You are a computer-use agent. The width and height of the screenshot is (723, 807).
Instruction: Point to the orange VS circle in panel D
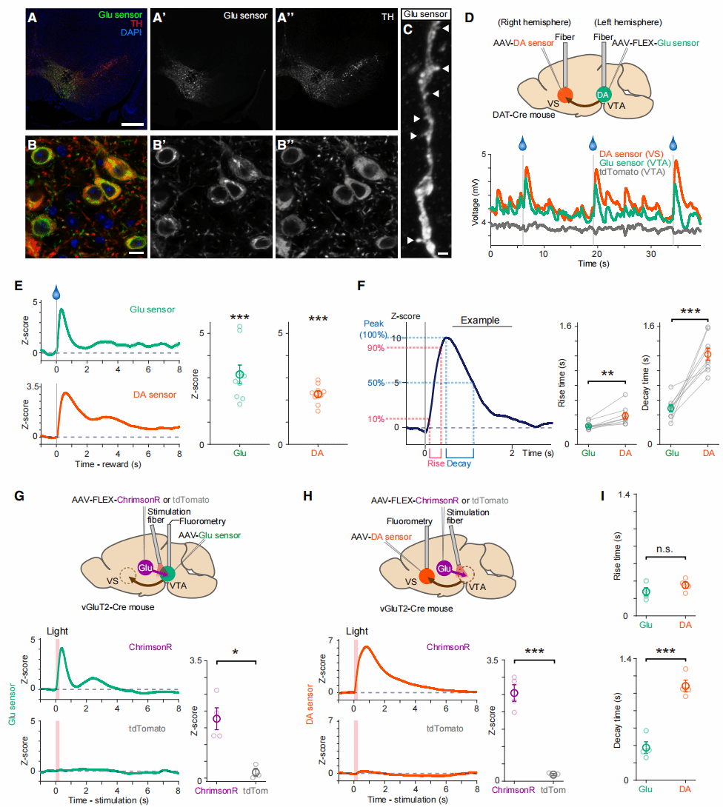click(x=564, y=95)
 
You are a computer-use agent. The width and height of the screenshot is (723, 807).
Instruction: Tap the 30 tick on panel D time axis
click(x=650, y=253)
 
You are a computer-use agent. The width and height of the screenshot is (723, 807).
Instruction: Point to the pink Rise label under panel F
click(x=436, y=464)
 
